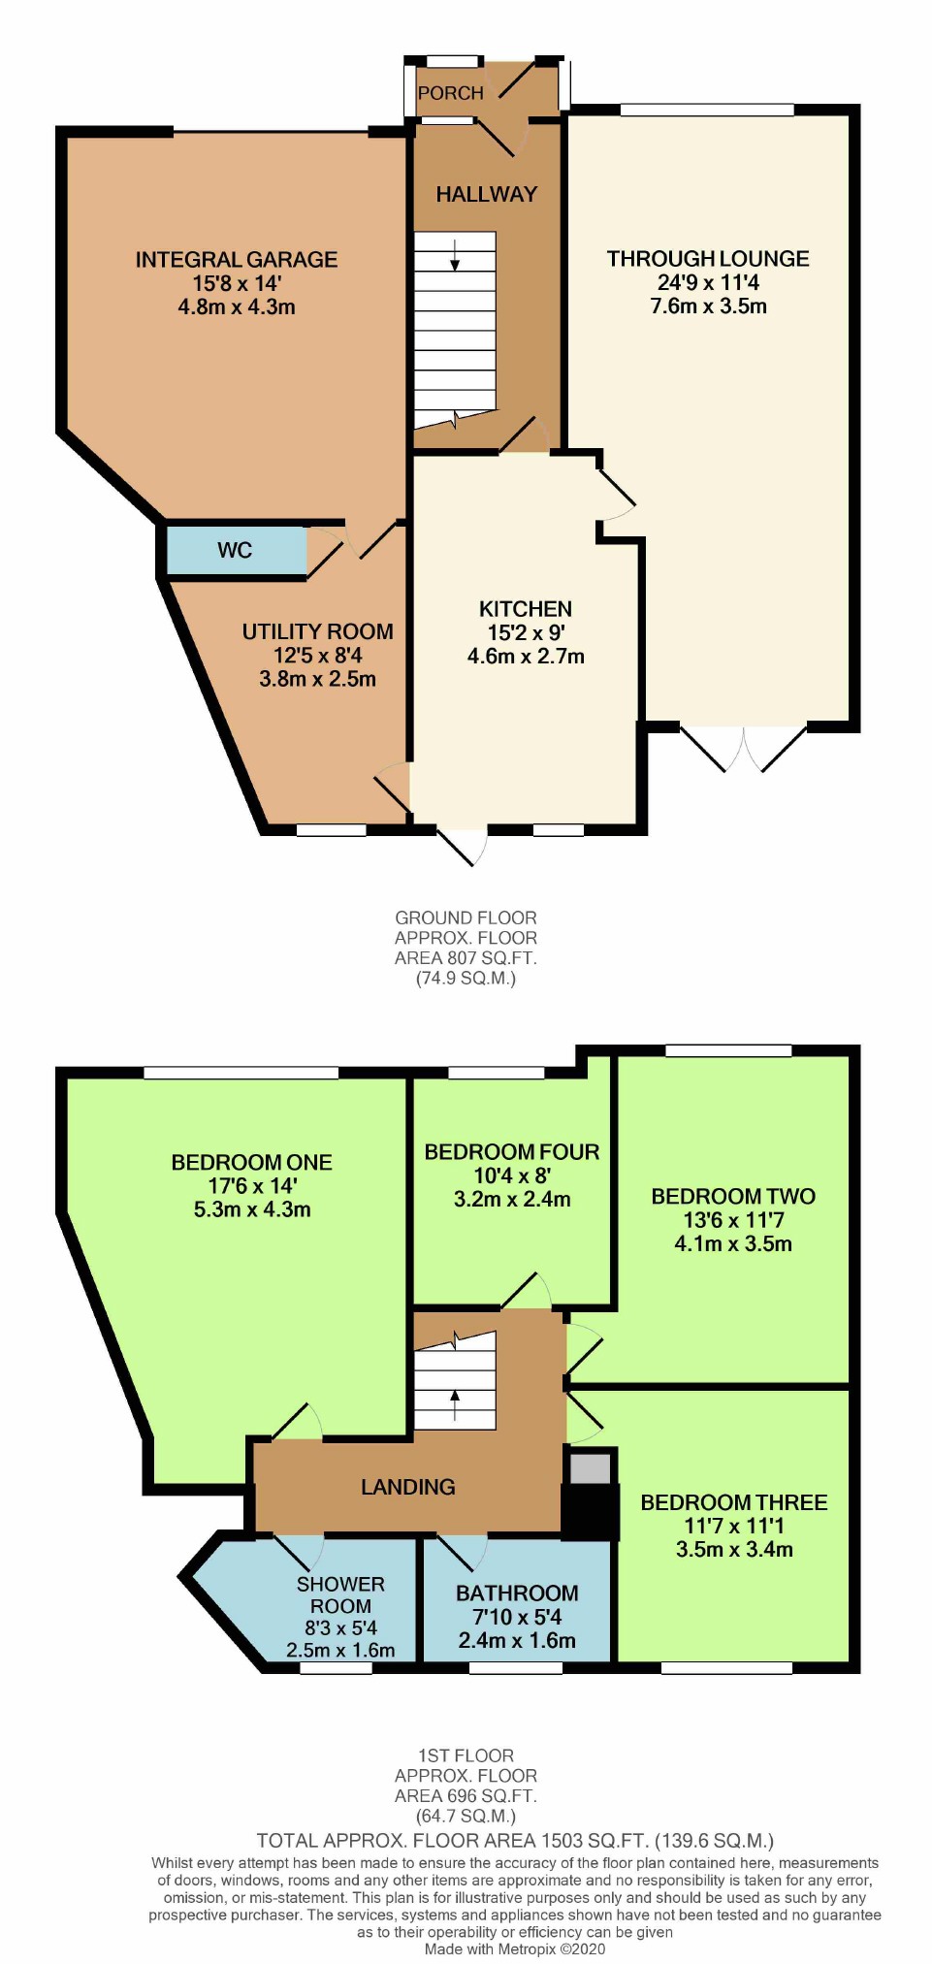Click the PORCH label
pos(450,93)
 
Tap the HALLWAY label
pos(486,194)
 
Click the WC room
pos(235,551)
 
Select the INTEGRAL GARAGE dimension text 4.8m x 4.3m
pos(237,307)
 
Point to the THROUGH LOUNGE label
pos(708,259)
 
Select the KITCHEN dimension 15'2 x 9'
pos(526,632)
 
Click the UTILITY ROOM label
pos(317,631)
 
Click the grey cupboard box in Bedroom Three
pos(590,1468)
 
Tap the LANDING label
pos(407,1487)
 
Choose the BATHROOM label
pos(517,1594)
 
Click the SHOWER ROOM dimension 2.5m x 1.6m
pos(340,1650)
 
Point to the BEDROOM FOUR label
pos(512,1152)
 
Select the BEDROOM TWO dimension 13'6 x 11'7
pos(733,1220)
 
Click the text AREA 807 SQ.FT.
pos(466,958)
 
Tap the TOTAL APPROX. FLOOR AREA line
pos(515,1841)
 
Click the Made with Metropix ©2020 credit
pos(515,1948)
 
